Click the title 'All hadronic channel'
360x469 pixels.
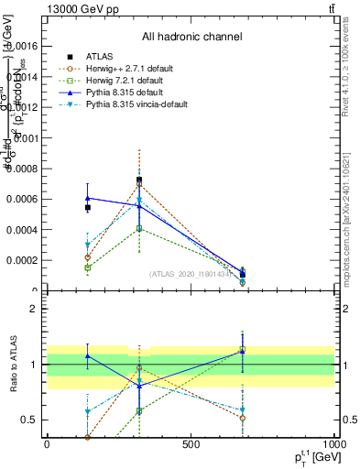pos(191,38)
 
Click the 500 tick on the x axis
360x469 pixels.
pos(191,444)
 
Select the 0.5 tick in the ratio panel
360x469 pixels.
pos(29,420)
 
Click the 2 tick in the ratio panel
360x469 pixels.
pos(33,309)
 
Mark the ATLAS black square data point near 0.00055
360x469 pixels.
pos(87,208)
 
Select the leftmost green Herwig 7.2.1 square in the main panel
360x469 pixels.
pos(87,267)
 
